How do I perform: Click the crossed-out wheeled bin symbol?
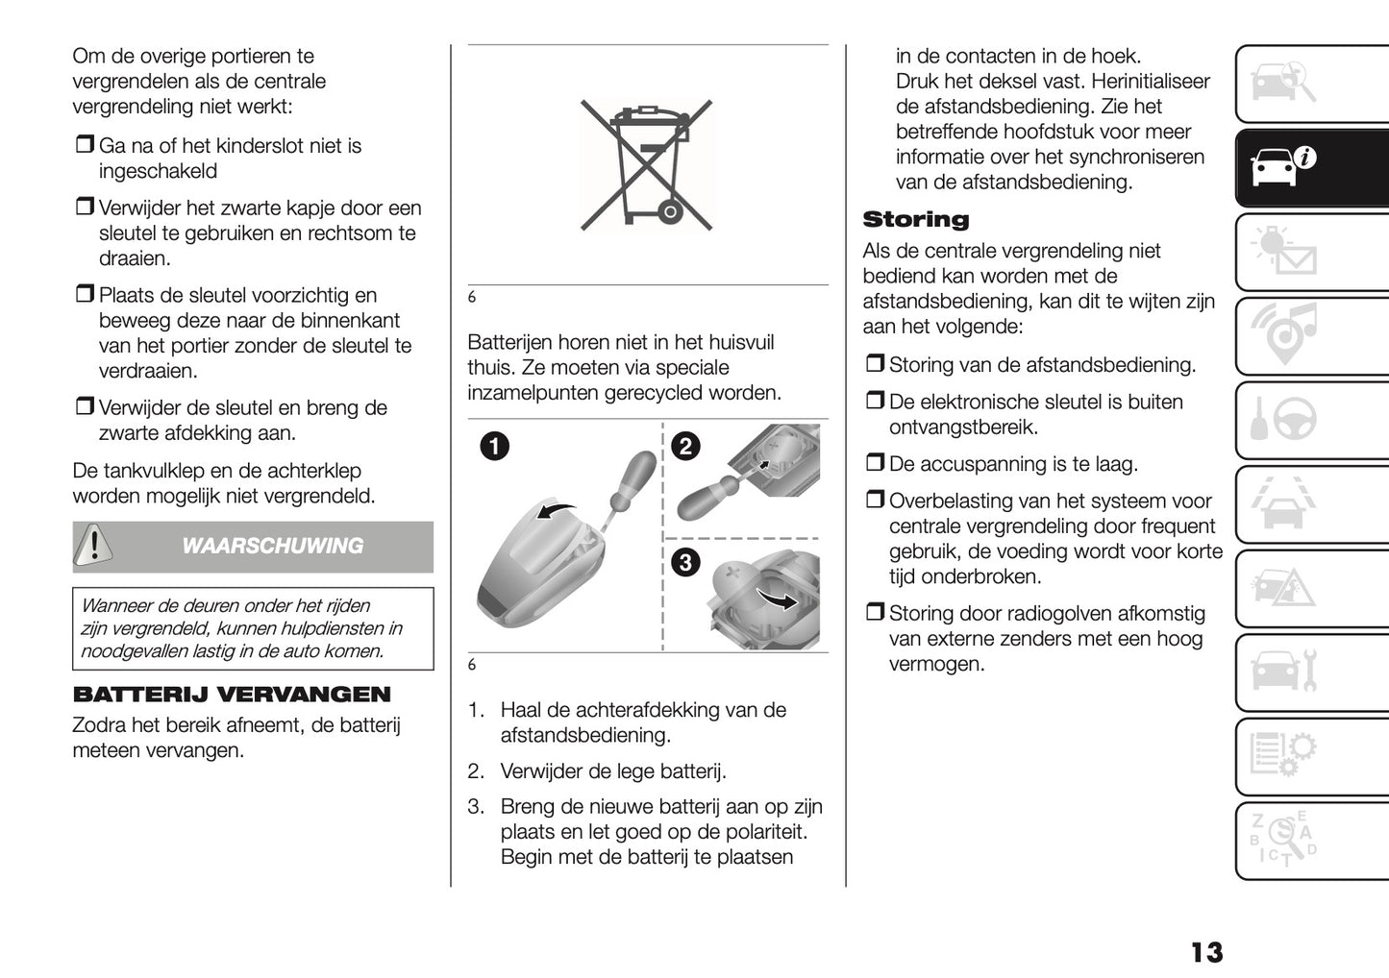pyautogui.click(x=647, y=164)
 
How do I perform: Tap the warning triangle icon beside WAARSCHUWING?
pyautogui.click(x=94, y=546)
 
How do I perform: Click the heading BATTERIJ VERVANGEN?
pyautogui.click(x=232, y=695)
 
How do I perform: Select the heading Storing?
pyautogui.click(x=915, y=220)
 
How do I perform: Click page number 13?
pyautogui.click(x=1206, y=952)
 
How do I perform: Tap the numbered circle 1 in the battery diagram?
pyautogui.click(x=496, y=446)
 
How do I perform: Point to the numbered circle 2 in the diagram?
pyautogui.click(x=685, y=446)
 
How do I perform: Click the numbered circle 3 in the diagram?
pyautogui.click(x=685, y=563)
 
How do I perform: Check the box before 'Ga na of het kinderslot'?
pyautogui.click(x=84, y=146)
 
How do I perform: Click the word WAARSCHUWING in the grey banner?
pyautogui.click(x=272, y=546)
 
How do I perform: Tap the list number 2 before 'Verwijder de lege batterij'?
pyautogui.click(x=475, y=771)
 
